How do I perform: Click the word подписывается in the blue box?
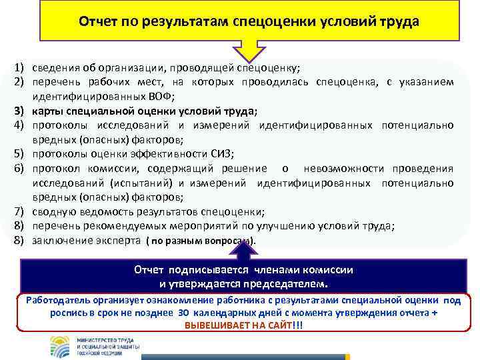point(201,270)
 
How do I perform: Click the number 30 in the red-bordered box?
point(184,313)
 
